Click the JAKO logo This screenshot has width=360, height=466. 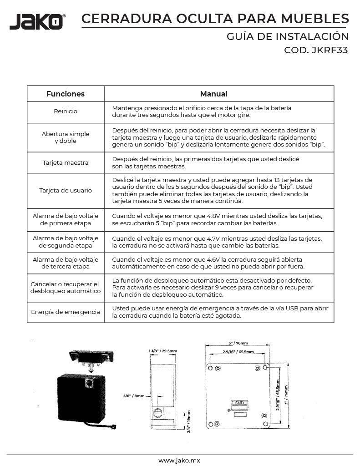[x=37, y=21]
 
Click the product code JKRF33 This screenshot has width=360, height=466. [x=329, y=51]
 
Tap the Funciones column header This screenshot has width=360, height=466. [x=66, y=94]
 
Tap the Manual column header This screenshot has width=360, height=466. [x=213, y=94]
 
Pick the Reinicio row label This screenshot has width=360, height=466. [x=66, y=111]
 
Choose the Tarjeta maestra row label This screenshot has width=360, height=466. [x=66, y=162]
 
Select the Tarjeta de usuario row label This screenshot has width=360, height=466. [x=66, y=190]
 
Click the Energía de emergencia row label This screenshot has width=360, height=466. [x=66, y=312]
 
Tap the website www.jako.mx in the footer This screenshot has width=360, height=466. [x=180, y=461]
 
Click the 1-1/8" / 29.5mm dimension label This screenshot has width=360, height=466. [x=162, y=351]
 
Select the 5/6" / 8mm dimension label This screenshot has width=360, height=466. [x=134, y=396]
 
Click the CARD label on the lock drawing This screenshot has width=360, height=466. [x=239, y=403]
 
